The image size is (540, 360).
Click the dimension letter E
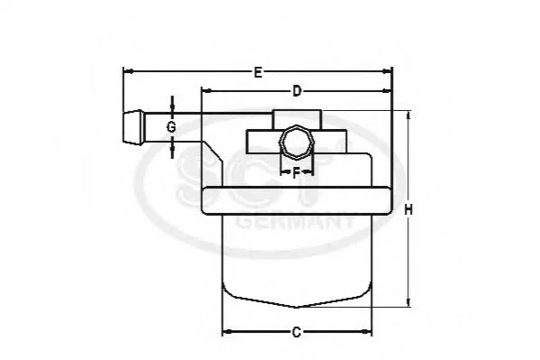(258, 72)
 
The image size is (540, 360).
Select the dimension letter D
(297, 91)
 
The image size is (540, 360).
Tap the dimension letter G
(171, 127)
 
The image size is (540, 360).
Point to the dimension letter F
(297, 172)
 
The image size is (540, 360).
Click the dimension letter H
(408, 209)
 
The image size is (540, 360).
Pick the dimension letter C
(297, 332)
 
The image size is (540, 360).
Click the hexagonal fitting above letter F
(297, 142)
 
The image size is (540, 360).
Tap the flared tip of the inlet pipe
(133, 127)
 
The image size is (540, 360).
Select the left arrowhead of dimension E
(128, 71)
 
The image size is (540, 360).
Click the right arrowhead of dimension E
(388, 71)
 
